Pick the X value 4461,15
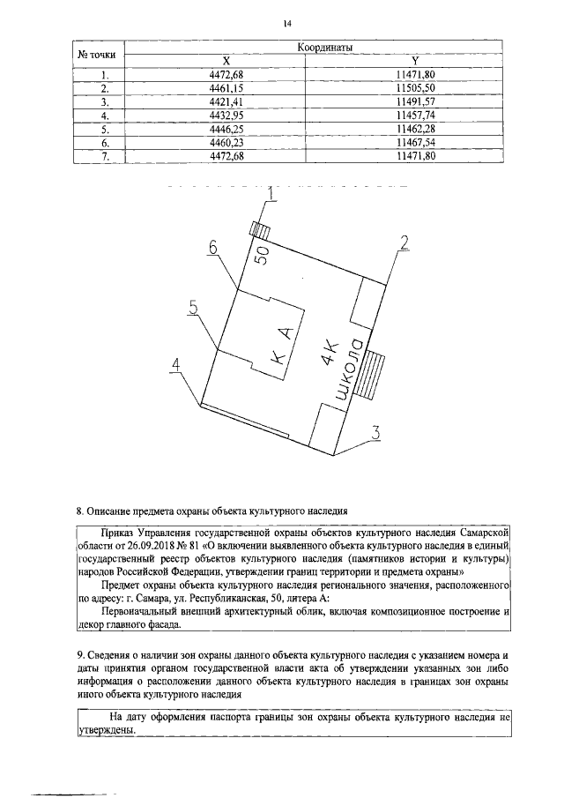[226, 88]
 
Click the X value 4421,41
[226, 101]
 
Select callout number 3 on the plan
[375, 432]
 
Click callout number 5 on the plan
[193, 306]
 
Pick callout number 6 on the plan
[213, 249]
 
